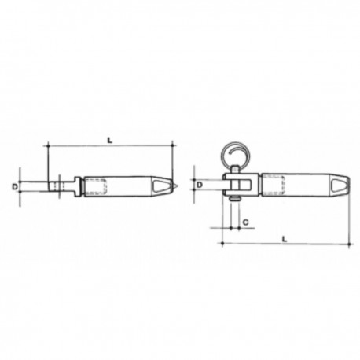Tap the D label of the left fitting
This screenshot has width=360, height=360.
pyautogui.click(x=15, y=186)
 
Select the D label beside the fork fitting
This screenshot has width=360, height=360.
pyautogui.click(x=201, y=184)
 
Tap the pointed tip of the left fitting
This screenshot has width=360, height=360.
pyautogui.click(x=180, y=186)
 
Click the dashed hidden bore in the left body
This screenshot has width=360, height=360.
pyautogui.click(x=95, y=186)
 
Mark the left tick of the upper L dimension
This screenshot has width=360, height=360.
pyautogui.click(x=49, y=146)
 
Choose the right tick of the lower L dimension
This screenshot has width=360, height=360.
pyautogui.click(x=347, y=244)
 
